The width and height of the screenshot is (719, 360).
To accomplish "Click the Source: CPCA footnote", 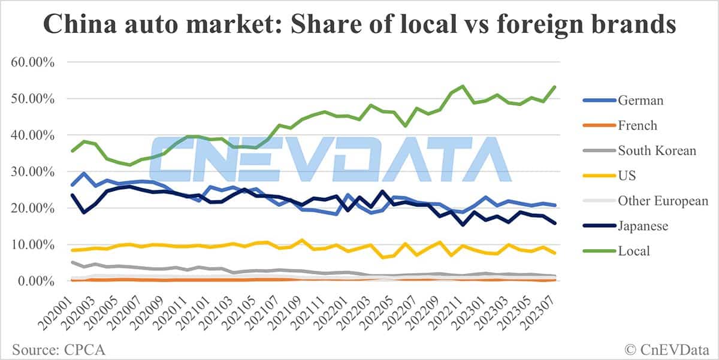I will click(52, 348).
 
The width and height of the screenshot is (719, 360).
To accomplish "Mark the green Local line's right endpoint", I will click(554, 87).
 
